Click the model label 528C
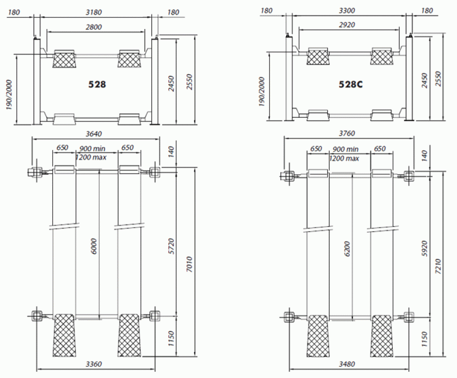(x=351, y=84)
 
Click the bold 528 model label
(x=97, y=84)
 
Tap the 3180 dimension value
(x=94, y=12)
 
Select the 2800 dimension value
(x=94, y=27)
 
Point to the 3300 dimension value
(x=347, y=11)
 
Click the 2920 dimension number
(x=347, y=25)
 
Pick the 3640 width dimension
(x=94, y=134)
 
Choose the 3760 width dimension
(x=347, y=133)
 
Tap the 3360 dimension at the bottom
(x=94, y=364)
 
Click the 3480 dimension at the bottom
(x=347, y=364)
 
